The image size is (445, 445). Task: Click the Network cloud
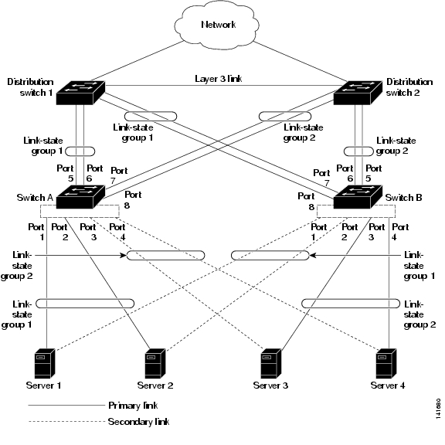pos(216,25)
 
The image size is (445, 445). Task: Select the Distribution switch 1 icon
pos(80,92)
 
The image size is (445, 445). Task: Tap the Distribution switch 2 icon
pos(358,92)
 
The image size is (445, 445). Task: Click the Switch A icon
pos(80,197)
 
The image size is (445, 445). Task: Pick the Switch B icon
pos(358,197)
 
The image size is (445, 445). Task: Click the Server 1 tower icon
pos(45,363)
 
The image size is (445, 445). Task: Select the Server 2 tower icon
pos(155,363)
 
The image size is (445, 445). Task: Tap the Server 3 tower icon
pos(270,363)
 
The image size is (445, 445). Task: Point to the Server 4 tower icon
pos(386,363)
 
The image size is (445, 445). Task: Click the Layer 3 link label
pos(218,79)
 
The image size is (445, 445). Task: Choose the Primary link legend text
pos(133,406)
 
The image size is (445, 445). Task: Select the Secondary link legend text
pos(138,422)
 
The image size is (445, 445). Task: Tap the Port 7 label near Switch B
pos(321,178)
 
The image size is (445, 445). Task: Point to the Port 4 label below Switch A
pos(117,232)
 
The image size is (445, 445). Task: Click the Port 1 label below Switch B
pos(319,232)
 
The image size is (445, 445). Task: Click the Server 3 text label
pos(270,386)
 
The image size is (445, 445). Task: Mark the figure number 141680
pos(438,409)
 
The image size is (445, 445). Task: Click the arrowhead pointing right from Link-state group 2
pos(123,256)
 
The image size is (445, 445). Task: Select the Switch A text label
pos(35,198)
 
